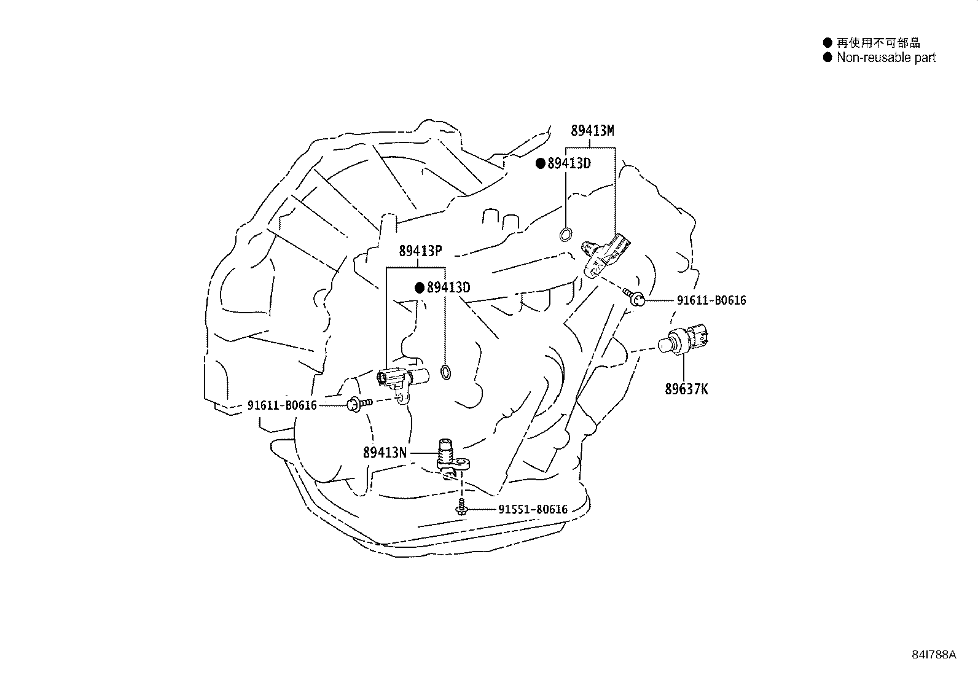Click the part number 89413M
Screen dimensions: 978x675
tap(592, 131)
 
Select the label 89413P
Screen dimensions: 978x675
tap(420, 251)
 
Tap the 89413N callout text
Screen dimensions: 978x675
tap(385, 453)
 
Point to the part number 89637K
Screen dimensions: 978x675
tap(686, 389)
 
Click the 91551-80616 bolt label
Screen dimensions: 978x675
tap(533, 510)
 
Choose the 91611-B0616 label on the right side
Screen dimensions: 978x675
tap(711, 300)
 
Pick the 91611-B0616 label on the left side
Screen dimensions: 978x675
tap(282, 405)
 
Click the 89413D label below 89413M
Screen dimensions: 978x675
tap(569, 163)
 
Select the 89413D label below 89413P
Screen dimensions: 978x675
tap(448, 287)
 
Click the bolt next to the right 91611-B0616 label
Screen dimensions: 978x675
tap(634, 297)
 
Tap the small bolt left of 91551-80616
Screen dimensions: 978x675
tap(461, 507)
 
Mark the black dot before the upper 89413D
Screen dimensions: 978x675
tap(541, 163)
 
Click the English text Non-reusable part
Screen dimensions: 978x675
tap(886, 58)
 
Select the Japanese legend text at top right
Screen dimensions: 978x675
tap(878, 43)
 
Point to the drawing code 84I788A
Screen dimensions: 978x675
tap(934, 655)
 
